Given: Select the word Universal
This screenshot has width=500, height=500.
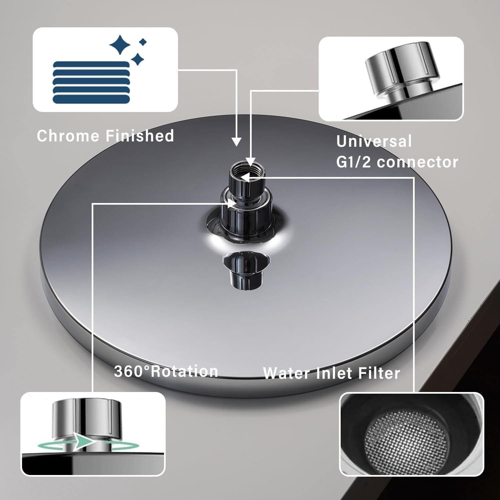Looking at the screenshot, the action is click(x=374, y=141).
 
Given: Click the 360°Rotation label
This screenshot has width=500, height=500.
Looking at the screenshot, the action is click(x=166, y=371).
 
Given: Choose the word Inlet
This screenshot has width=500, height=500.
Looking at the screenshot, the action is click(x=334, y=373).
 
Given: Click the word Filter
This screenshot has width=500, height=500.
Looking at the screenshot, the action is click(x=379, y=373).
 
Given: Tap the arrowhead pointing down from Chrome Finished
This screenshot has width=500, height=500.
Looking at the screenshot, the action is click(x=236, y=142).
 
